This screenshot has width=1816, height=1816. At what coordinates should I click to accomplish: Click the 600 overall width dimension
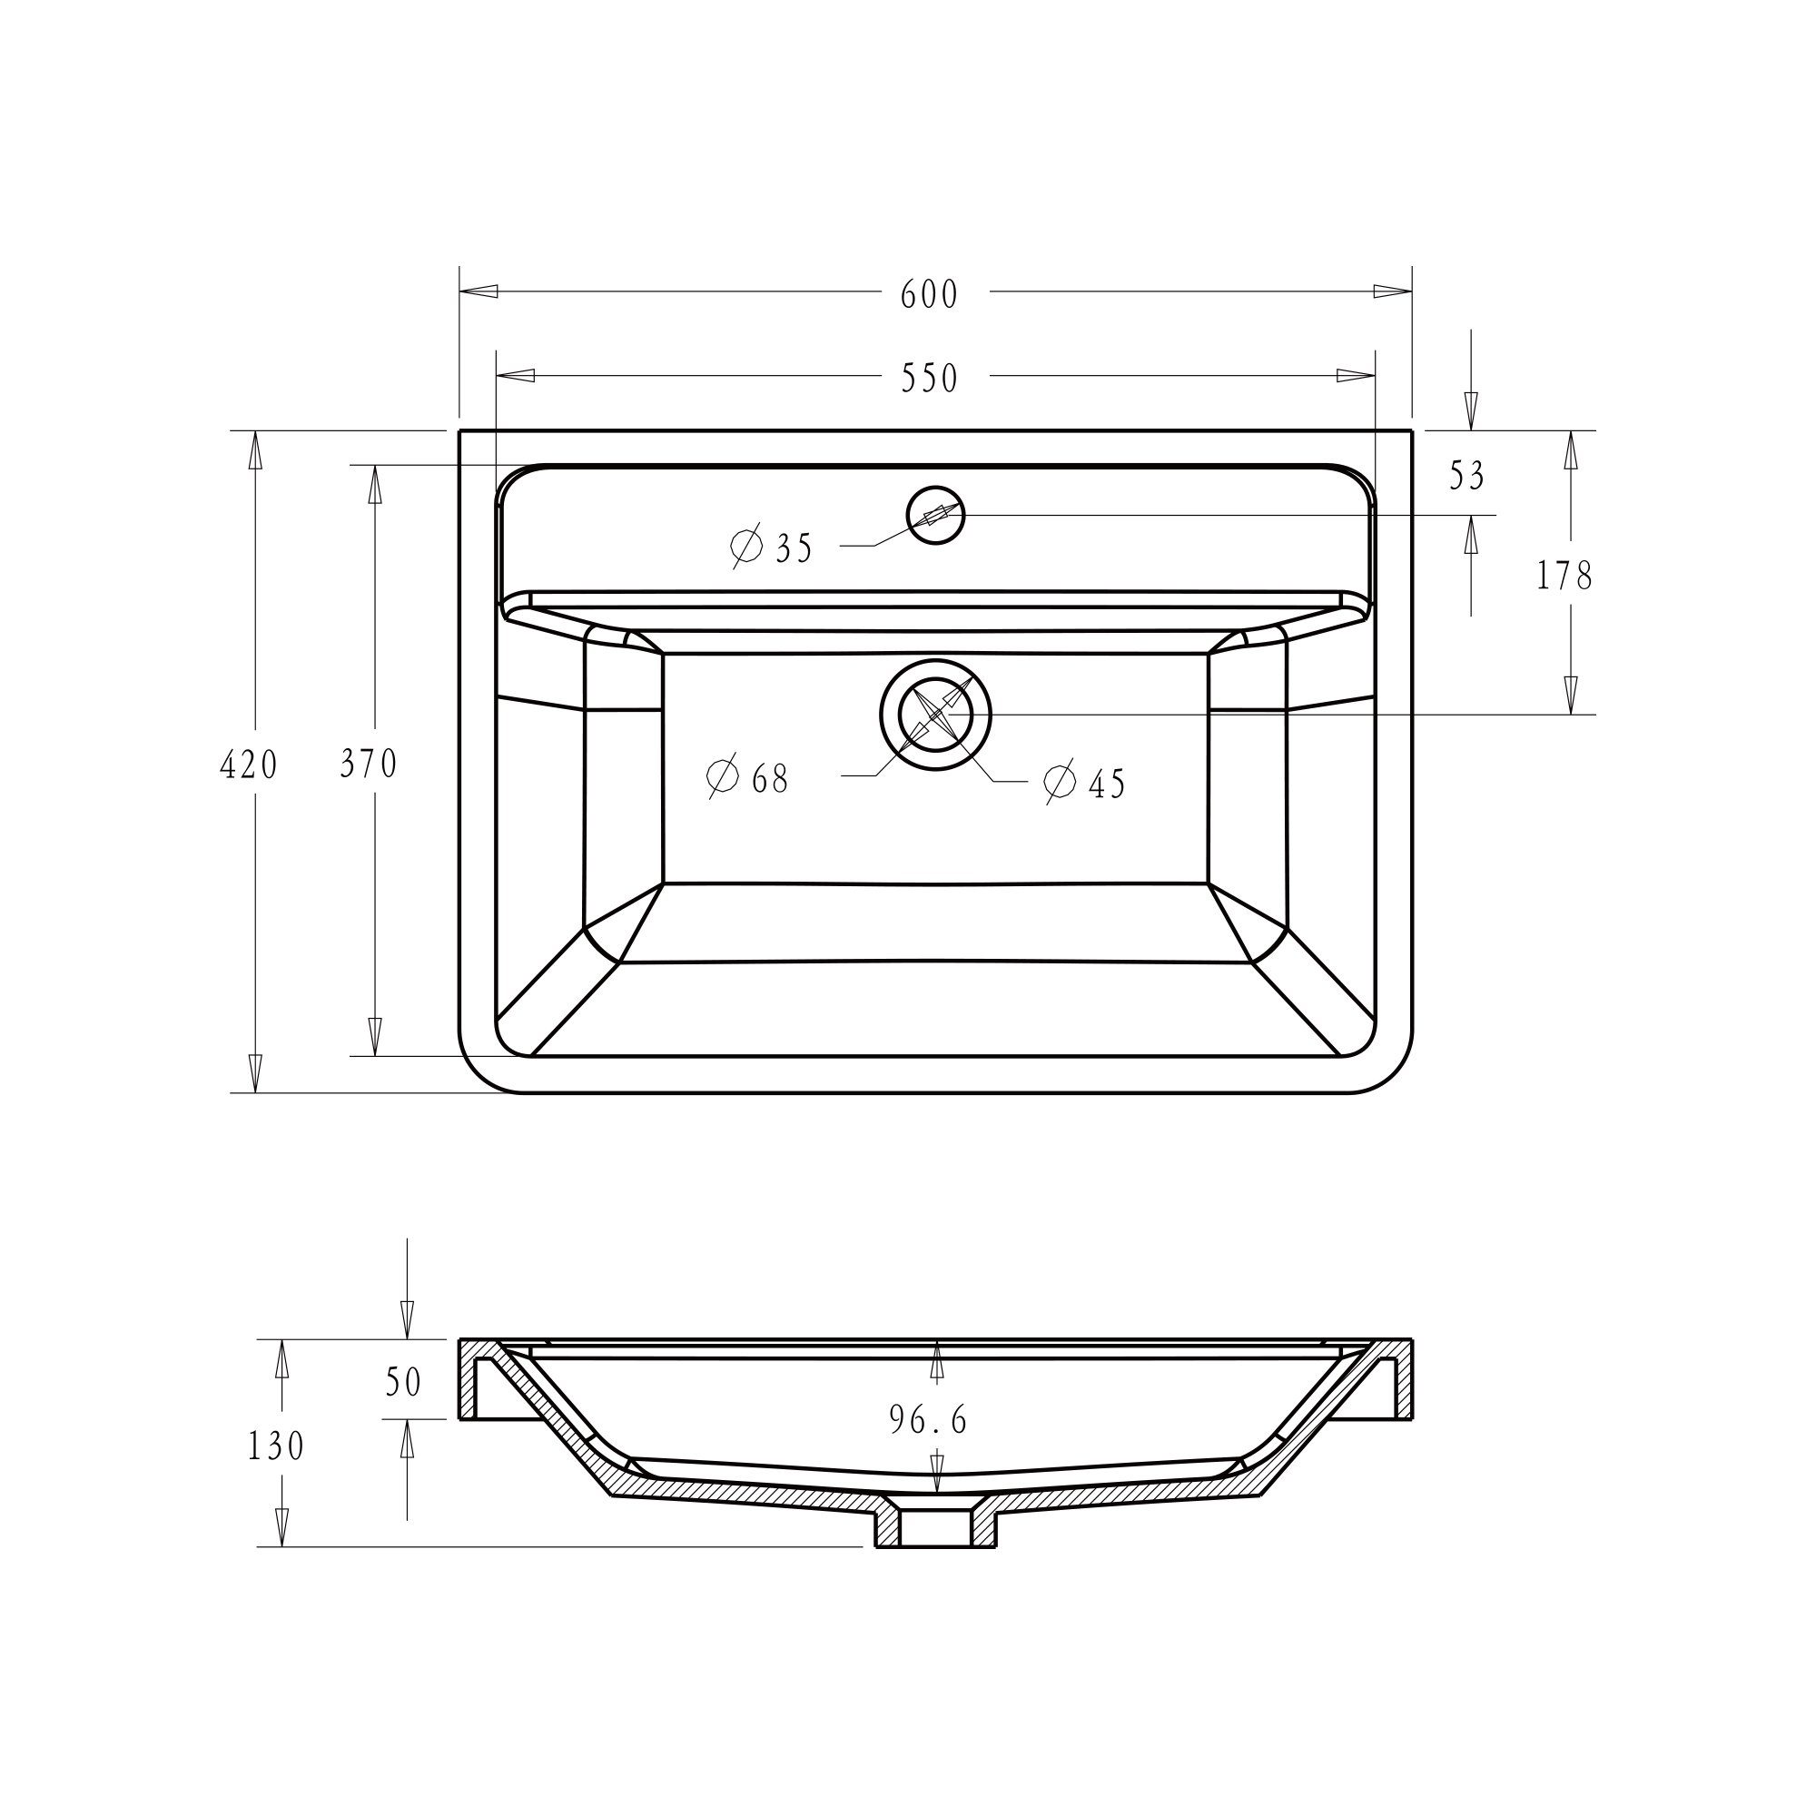[929, 294]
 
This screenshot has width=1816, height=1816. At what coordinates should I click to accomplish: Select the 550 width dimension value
[929, 378]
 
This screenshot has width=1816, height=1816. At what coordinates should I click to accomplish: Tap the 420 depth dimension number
[248, 765]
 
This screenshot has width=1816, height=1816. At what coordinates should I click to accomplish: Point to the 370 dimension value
[369, 765]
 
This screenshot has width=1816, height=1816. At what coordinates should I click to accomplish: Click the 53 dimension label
[1466, 477]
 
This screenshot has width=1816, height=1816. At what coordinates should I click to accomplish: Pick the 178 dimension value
[1564, 577]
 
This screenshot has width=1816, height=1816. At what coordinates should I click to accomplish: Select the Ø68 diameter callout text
[747, 778]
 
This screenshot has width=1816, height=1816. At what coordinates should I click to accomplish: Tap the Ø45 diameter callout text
[1085, 783]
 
